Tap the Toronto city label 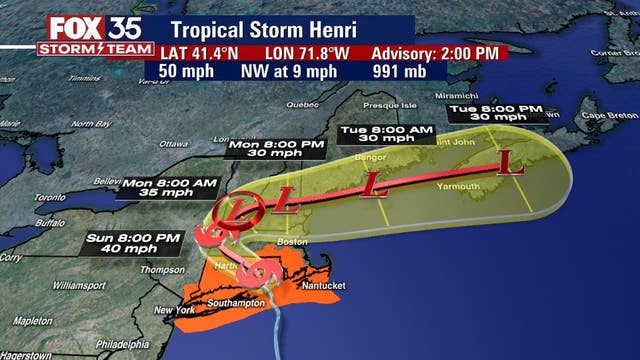tap(22, 197)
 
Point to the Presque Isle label tap(387, 105)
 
